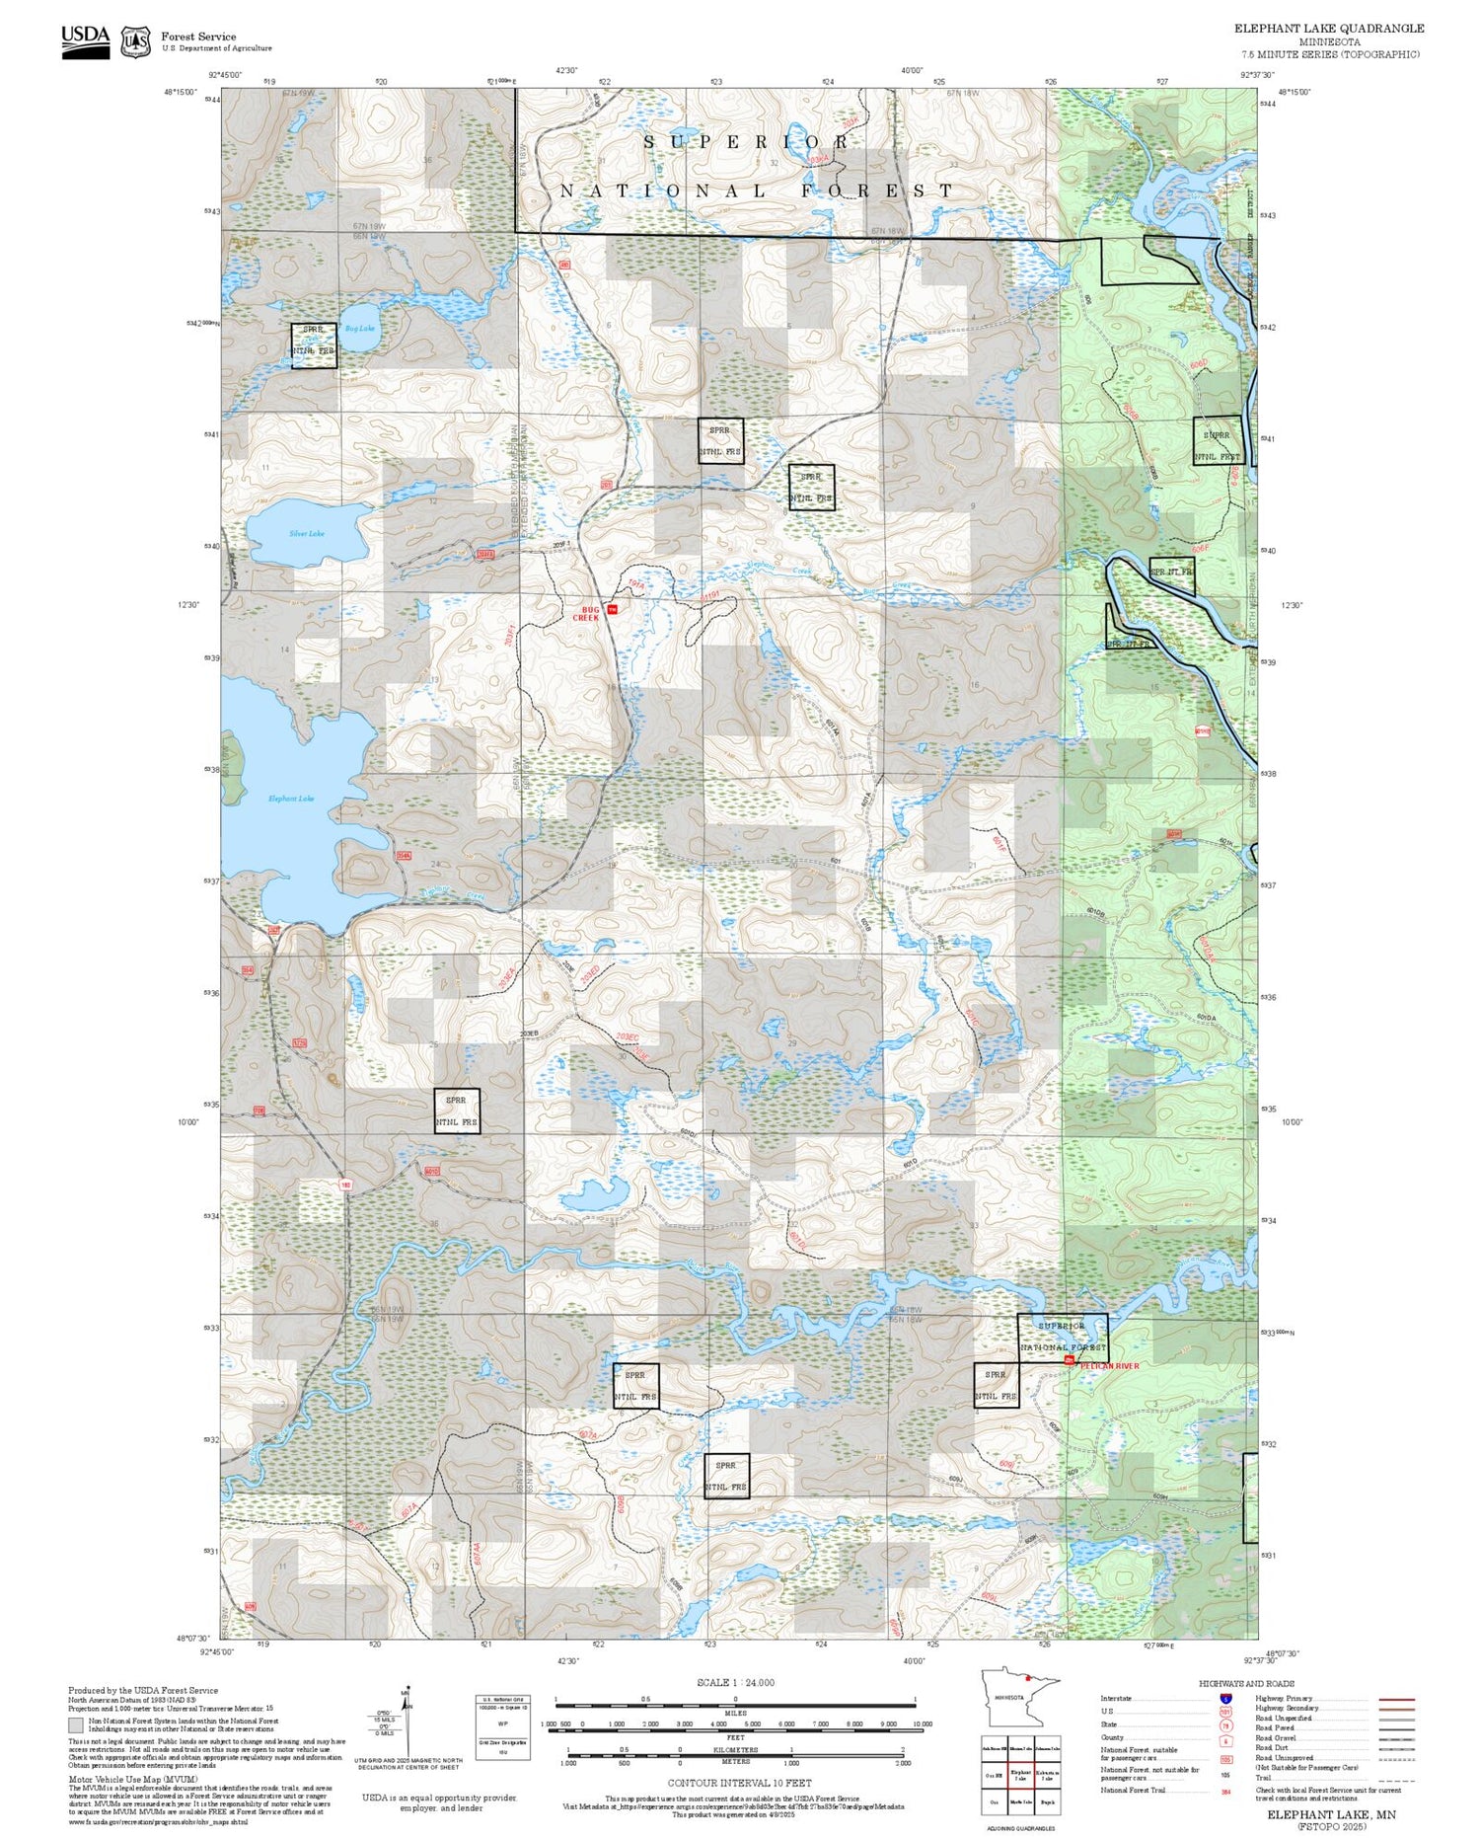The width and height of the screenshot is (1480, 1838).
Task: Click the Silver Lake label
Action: (x=307, y=534)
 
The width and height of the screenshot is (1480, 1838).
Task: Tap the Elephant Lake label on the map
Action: (x=291, y=799)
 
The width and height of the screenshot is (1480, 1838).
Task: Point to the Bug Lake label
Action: (x=359, y=329)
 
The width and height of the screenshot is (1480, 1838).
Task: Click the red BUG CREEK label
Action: (x=586, y=614)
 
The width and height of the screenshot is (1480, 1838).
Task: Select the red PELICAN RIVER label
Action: (x=1109, y=1366)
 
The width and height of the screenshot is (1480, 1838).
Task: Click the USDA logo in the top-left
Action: (x=86, y=40)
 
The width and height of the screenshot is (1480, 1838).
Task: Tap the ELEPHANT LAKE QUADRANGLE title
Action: (x=1329, y=29)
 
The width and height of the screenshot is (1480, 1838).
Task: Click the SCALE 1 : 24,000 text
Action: (x=735, y=1683)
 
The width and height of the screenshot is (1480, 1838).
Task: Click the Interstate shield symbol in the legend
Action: (x=1226, y=1699)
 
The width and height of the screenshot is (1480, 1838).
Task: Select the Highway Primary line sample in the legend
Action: (x=1394, y=1700)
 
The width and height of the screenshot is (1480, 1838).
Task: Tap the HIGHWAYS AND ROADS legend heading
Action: (x=1246, y=1684)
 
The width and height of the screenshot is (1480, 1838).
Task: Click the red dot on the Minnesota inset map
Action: (x=1028, y=1677)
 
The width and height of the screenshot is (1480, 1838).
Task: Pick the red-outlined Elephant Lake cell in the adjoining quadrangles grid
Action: (x=1021, y=1774)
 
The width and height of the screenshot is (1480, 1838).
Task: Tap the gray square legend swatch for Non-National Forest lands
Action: (x=76, y=1725)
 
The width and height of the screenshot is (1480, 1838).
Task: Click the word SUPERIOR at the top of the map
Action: (x=747, y=142)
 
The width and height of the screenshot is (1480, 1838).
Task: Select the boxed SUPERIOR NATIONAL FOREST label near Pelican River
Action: (x=1063, y=1337)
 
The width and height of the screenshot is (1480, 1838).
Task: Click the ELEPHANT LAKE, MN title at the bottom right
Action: (x=1331, y=1814)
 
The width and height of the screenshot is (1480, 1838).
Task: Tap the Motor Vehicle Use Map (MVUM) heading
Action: (x=132, y=1779)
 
